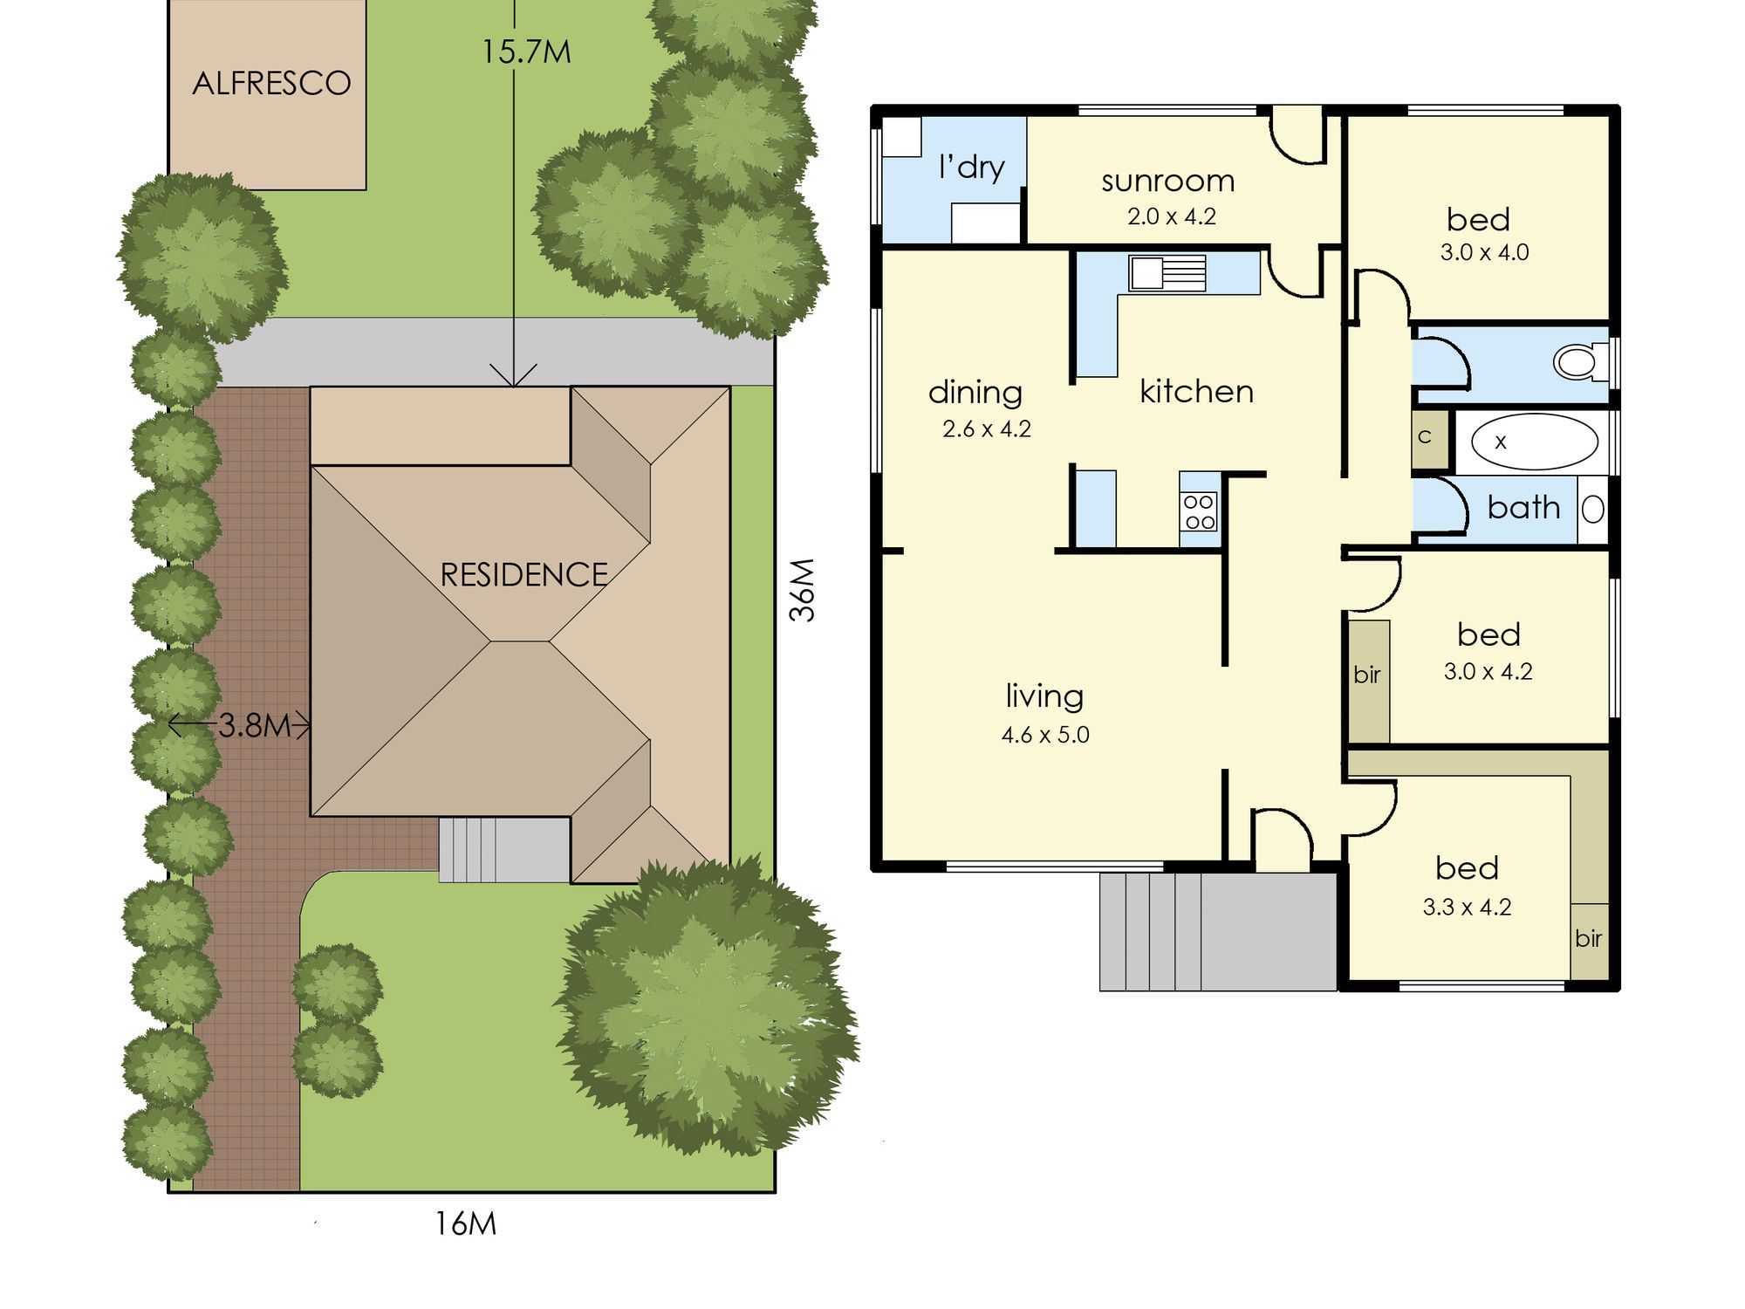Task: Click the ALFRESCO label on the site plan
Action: click(x=271, y=84)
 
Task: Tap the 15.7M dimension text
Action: click(x=526, y=52)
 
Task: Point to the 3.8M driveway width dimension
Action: click(x=254, y=725)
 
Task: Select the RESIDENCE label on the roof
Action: click(x=523, y=575)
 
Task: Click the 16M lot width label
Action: click(x=466, y=1224)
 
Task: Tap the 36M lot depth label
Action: click(x=802, y=590)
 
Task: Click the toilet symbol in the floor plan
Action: click(x=1581, y=361)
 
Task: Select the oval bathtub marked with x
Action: click(x=1535, y=442)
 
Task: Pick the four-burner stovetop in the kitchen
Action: click(x=1199, y=511)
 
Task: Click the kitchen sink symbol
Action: click(x=1167, y=273)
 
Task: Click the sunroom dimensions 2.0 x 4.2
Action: click(x=1171, y=216)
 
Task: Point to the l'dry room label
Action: click(x=971, y=167)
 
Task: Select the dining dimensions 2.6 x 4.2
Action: click(x=987, y=429)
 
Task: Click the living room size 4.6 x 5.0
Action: click(x=1045, y=735)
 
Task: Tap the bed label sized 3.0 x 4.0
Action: click(x=1478, y=219)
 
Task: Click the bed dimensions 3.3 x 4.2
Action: click(x=1467, y=908)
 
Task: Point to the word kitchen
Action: click(x=1196, y=392)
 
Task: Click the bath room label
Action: click(x=1523, y=508)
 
